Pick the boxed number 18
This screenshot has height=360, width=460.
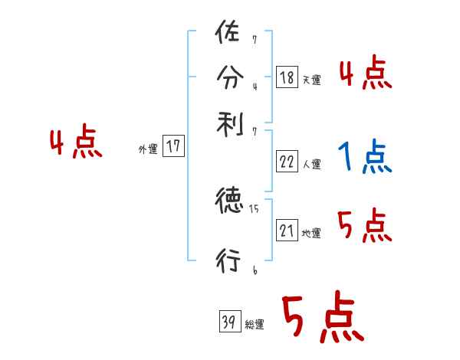pyautogui.click(x=287, y=77)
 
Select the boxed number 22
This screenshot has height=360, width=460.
pyautogui.click(x=287, y=162)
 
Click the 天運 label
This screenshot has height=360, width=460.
pyautogui.click(x=311, y=80)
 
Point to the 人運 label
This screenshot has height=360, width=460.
pyautogui.click(x=311, y=165)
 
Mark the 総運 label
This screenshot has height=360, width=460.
pyautogui.click(x=255, y=325)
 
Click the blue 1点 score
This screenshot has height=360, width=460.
pyautogui.click(x=363, y=157)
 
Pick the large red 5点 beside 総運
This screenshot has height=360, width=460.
pyautogui.click(x=322, y=318)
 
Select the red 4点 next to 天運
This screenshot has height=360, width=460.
pyautogui.click(x=365, y=74)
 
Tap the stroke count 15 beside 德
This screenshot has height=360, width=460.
pyautogui.click(x=254, y=207)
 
